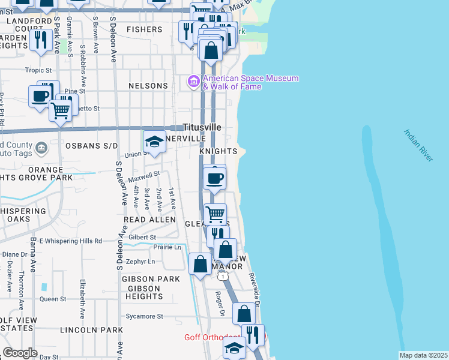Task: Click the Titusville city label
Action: pyautogui.click(x=202, y=128)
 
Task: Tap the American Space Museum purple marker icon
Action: pyautogui.click(x=194, y=81)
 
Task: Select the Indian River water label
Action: pyautogui.click(x=418, y=145)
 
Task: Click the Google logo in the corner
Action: pyautogui.click(x=20, y=353)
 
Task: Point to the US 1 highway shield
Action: pyautogui.click(x=223, y=275)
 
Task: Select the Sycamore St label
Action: pyautogui.click(x=144, y=316)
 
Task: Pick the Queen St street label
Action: pyautogui.click(x=53, y=299)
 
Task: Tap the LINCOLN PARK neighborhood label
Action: pyautogui.click(x=91, y=330)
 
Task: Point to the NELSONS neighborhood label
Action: pyautogui.click(x=148, y=86)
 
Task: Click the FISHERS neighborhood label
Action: pyautogui.click(x=145, y=29)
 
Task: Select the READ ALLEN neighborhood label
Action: pyautogui.click(x=150, y=220)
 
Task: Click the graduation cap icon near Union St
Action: pyautogui.click(x=154, y=142)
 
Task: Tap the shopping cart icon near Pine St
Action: pyautogui.click(x=60, y=110)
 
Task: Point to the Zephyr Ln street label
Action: pyautogui.click(x=141, y=262)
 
